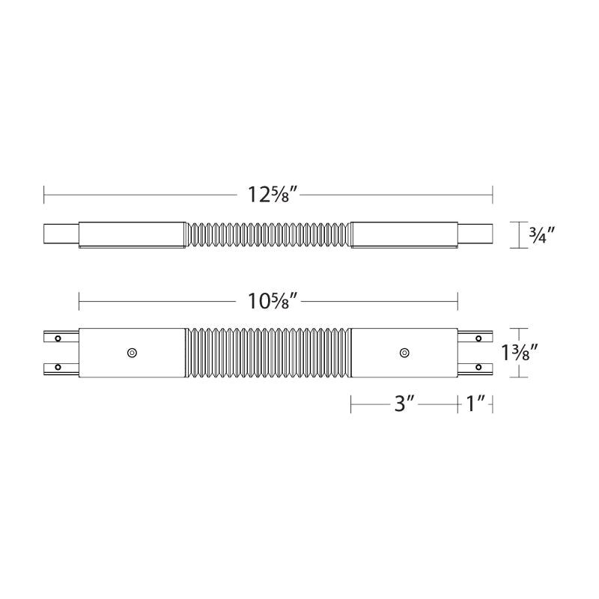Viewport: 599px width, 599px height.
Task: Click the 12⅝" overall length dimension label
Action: pyautogui.click(x=273, y=195)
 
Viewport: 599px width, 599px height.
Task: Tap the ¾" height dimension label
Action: pyautogui.click(x=541, y=235)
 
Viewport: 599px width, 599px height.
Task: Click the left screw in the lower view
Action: pyautogui.click(x=132, y=352)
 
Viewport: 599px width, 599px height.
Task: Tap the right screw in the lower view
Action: pyautogui.click(x=404, y=352)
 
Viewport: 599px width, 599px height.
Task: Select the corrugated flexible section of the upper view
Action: pyautogui.click(x=268, y=234)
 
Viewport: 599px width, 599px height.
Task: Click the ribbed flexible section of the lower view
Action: pyautogui.click(x=268, y=352)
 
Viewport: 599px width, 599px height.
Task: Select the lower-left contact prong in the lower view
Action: pyautogui.click(x=60, y=367)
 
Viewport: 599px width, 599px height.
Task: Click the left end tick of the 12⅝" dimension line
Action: pyautogui.click(x=44, y=195)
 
